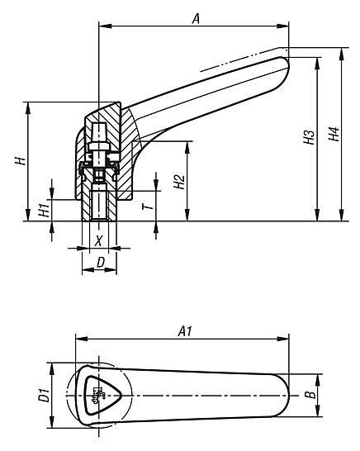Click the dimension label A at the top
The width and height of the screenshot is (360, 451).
(x=197, y=17)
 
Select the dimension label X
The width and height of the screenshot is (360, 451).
(x=99, y=240)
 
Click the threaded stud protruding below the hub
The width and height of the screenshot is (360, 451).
(x=98, y=210)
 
